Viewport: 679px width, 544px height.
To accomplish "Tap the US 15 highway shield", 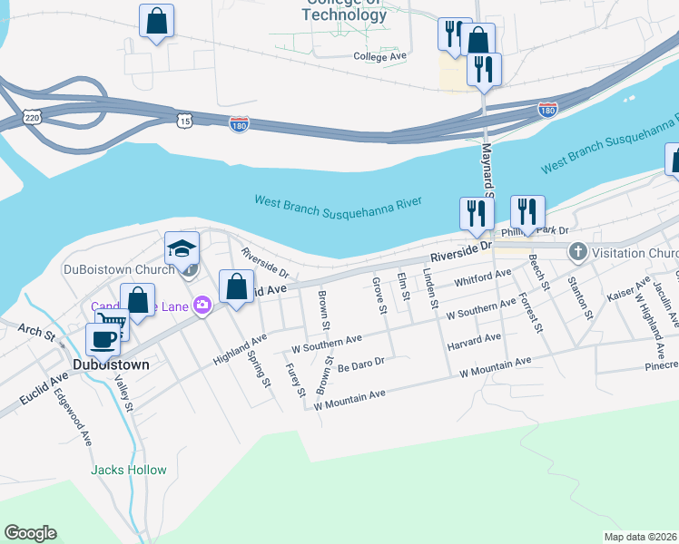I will click(185, 120).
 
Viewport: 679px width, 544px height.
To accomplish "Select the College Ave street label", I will click(379, 56).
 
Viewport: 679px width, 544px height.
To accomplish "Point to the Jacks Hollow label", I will click(129, 470).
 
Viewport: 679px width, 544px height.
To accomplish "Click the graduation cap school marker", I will click(182, 248).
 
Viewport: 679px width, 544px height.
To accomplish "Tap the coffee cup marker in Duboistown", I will click(103, 339).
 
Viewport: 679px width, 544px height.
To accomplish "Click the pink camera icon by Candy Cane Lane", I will click(202, 306).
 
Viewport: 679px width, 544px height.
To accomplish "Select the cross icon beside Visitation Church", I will click(576, 252).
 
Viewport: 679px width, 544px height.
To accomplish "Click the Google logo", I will click(30, 533).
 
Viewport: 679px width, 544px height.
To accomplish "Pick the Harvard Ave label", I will click(474, 342).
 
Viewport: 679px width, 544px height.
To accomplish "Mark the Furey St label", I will click(293, 381).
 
